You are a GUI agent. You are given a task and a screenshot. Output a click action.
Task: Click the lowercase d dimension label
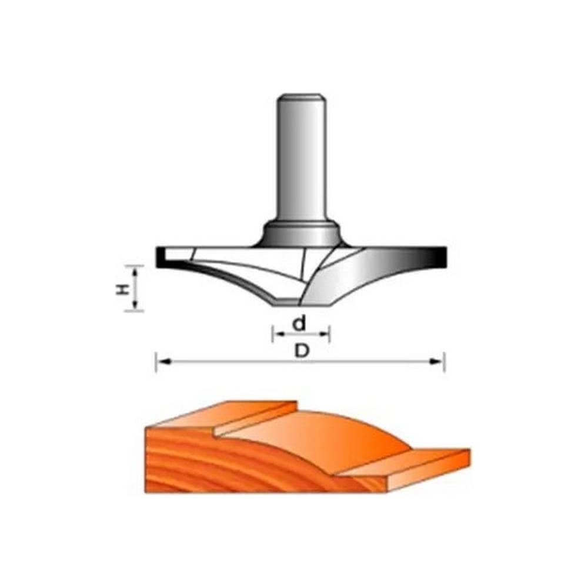pos(299,323)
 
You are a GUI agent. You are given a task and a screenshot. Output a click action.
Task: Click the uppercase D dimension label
pos(302,351)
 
